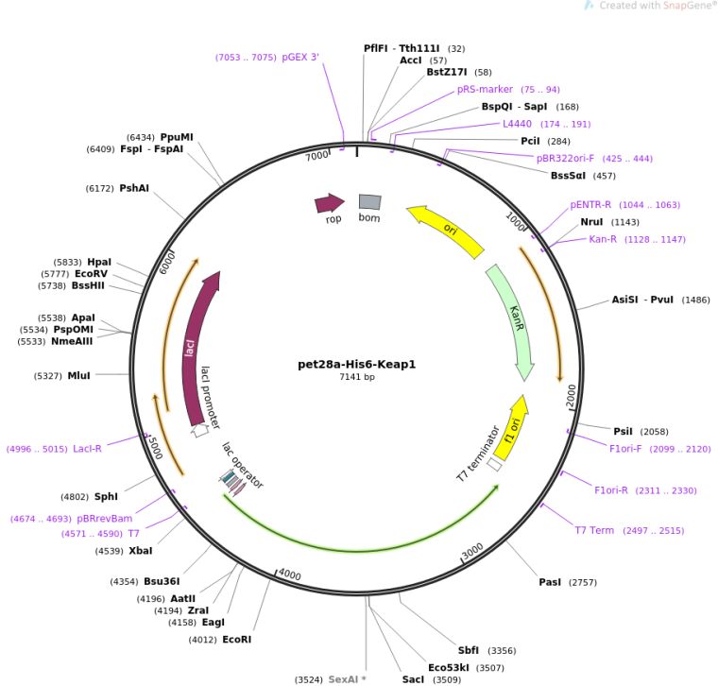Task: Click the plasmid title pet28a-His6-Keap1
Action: click(x=356, y=364)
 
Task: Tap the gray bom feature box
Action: click(x=369, y=201)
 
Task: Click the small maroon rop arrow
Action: click(x=329, y=202)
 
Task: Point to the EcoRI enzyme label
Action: click(x=236, y=640)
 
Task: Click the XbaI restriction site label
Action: click(x=140, y=550)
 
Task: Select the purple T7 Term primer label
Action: click(x=594, y=530)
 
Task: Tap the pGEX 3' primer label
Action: click(x=300, y=57)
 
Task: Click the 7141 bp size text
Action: click(x=356, y=377)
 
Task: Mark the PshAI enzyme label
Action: click(x=133, y=188)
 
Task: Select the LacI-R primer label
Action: click(x=87, y=449)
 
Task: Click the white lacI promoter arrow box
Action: click(x=199, y=431)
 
